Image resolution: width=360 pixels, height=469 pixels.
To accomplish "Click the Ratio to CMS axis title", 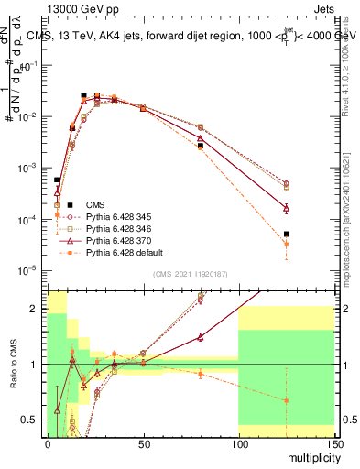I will click(12, 365).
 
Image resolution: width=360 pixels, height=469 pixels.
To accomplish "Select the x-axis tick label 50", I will click(143, 442).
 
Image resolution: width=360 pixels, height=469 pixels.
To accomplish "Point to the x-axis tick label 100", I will click(238, 442).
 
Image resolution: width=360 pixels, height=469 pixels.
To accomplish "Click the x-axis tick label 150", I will click(333, 442).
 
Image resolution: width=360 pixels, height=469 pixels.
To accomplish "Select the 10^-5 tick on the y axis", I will click(30, 270).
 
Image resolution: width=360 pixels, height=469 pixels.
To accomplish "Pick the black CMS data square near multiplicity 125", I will click(286, 234).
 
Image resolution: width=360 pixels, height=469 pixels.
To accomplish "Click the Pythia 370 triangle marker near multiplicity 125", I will click(286, 208).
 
